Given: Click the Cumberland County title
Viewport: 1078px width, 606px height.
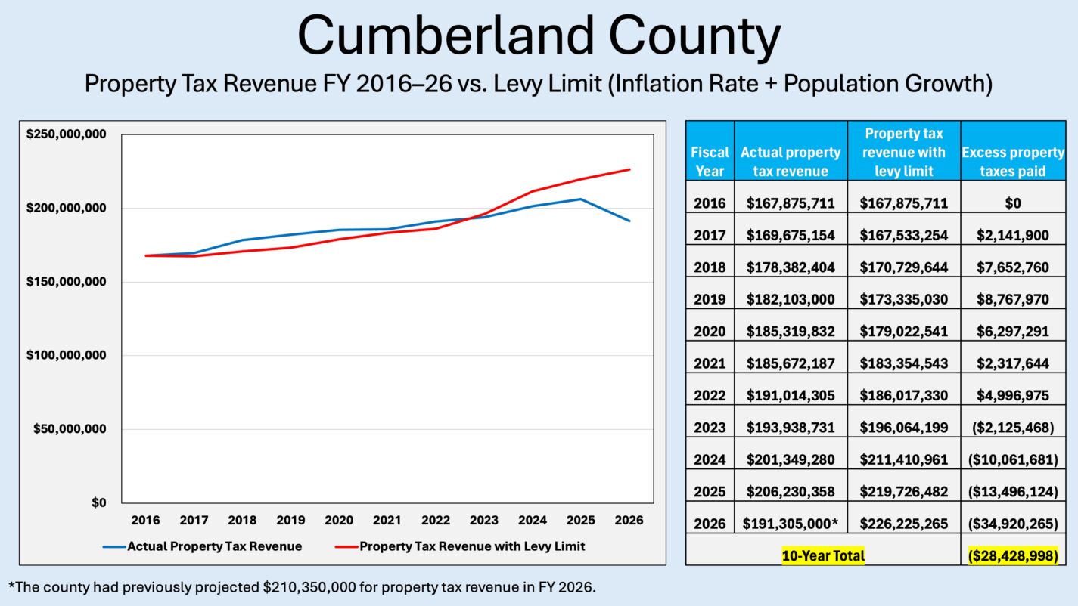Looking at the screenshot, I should pyautogui.click(x=538, y=37).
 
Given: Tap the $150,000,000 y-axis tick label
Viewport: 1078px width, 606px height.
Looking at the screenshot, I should pyautogui.click(x=67, y=282).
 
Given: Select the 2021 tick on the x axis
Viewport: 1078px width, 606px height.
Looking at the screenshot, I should pyautogui.click(x=387, y=521).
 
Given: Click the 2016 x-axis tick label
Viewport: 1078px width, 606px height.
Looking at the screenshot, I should pyautogui.click(x=145, y=521).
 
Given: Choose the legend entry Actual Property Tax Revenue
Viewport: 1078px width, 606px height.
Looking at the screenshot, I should pyautogui.click(x=214, y=546).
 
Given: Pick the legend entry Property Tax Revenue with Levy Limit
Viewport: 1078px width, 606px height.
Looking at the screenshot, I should pyautogui.click(x=471, y=546).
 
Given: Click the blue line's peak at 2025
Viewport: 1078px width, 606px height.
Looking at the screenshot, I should pyautogui.click(x=581, y=199).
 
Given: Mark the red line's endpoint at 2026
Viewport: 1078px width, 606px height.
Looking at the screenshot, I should pyautogui.click(x=629, y=169).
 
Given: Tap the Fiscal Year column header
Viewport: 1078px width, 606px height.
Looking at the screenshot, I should pyautogui.click(x=710, y=161).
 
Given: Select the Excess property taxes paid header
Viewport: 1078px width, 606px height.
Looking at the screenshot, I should pyautogui.click(x=1013, y=161).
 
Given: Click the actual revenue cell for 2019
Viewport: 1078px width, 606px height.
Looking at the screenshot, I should pyautogui.click(x=791, y=299).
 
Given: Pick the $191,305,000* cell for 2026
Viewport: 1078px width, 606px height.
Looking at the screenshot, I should pyautogui.click(x=791, y=524).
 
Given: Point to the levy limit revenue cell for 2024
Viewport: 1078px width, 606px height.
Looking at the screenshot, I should pyautogui.click(x=904, y=459).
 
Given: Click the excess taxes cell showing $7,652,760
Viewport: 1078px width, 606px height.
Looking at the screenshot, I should pyautogui.click(x=1013, y=267).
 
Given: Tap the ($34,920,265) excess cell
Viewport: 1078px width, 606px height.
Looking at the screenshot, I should pyautogui.click(x=1013, y=524).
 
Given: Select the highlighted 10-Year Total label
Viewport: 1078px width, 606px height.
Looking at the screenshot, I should pyautogui.click(x=823, y=556).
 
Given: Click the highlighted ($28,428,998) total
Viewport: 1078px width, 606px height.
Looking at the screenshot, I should pyautogui.click(x=1013, y=556).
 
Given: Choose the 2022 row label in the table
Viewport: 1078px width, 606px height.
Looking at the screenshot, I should pyautogui.click(x=710, y=395).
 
